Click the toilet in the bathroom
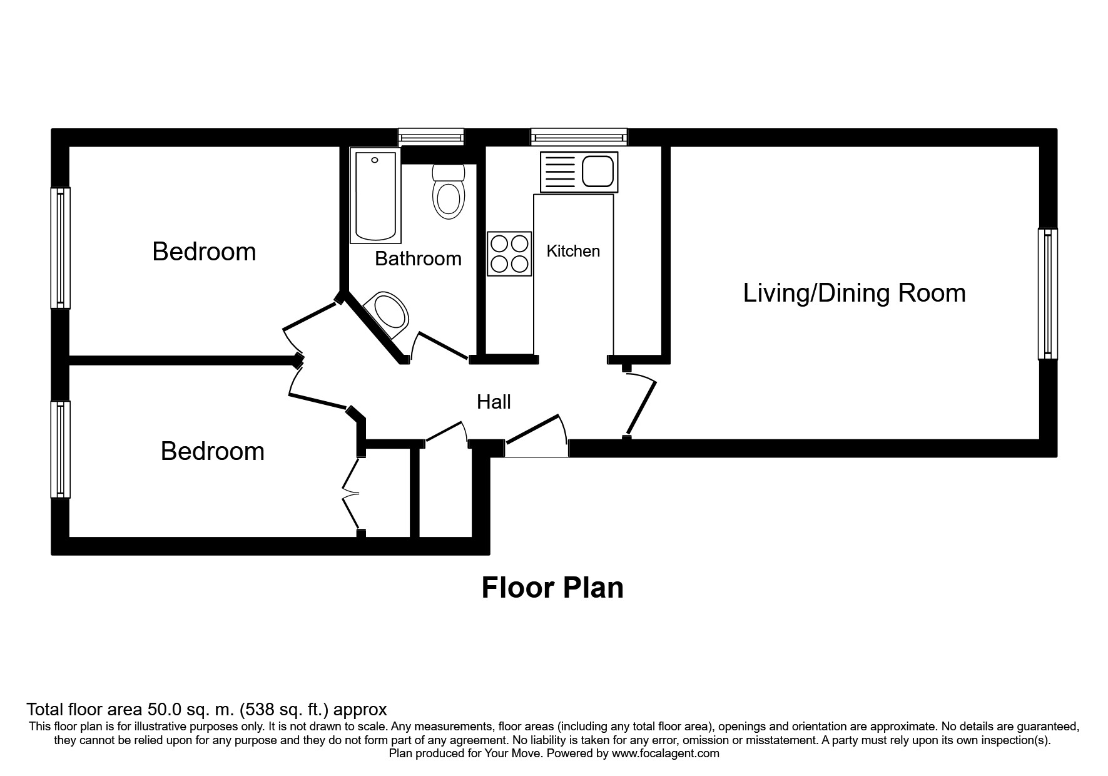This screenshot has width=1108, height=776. (449, 191)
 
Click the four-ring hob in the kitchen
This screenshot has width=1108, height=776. (509, 253)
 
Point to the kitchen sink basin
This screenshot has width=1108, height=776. (598, 171)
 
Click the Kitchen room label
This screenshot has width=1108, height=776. (573, 251)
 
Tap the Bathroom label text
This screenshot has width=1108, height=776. (418, 258)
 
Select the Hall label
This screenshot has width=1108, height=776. (494, 402)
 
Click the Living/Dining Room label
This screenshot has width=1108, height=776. (854, 293)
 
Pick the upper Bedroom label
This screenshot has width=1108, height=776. (204, 252)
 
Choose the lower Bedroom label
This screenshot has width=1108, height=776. (212, 451)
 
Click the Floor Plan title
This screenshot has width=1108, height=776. (552, 588)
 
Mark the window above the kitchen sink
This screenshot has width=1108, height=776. (579, 137)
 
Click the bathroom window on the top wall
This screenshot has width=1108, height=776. (432, 137)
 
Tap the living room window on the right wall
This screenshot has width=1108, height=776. (1048, 294)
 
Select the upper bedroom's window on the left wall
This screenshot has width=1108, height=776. (61, 248)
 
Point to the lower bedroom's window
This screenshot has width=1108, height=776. (61, 449)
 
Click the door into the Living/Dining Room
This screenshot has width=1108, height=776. (639, 404)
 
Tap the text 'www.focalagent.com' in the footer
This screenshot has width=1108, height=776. (665, 753)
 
